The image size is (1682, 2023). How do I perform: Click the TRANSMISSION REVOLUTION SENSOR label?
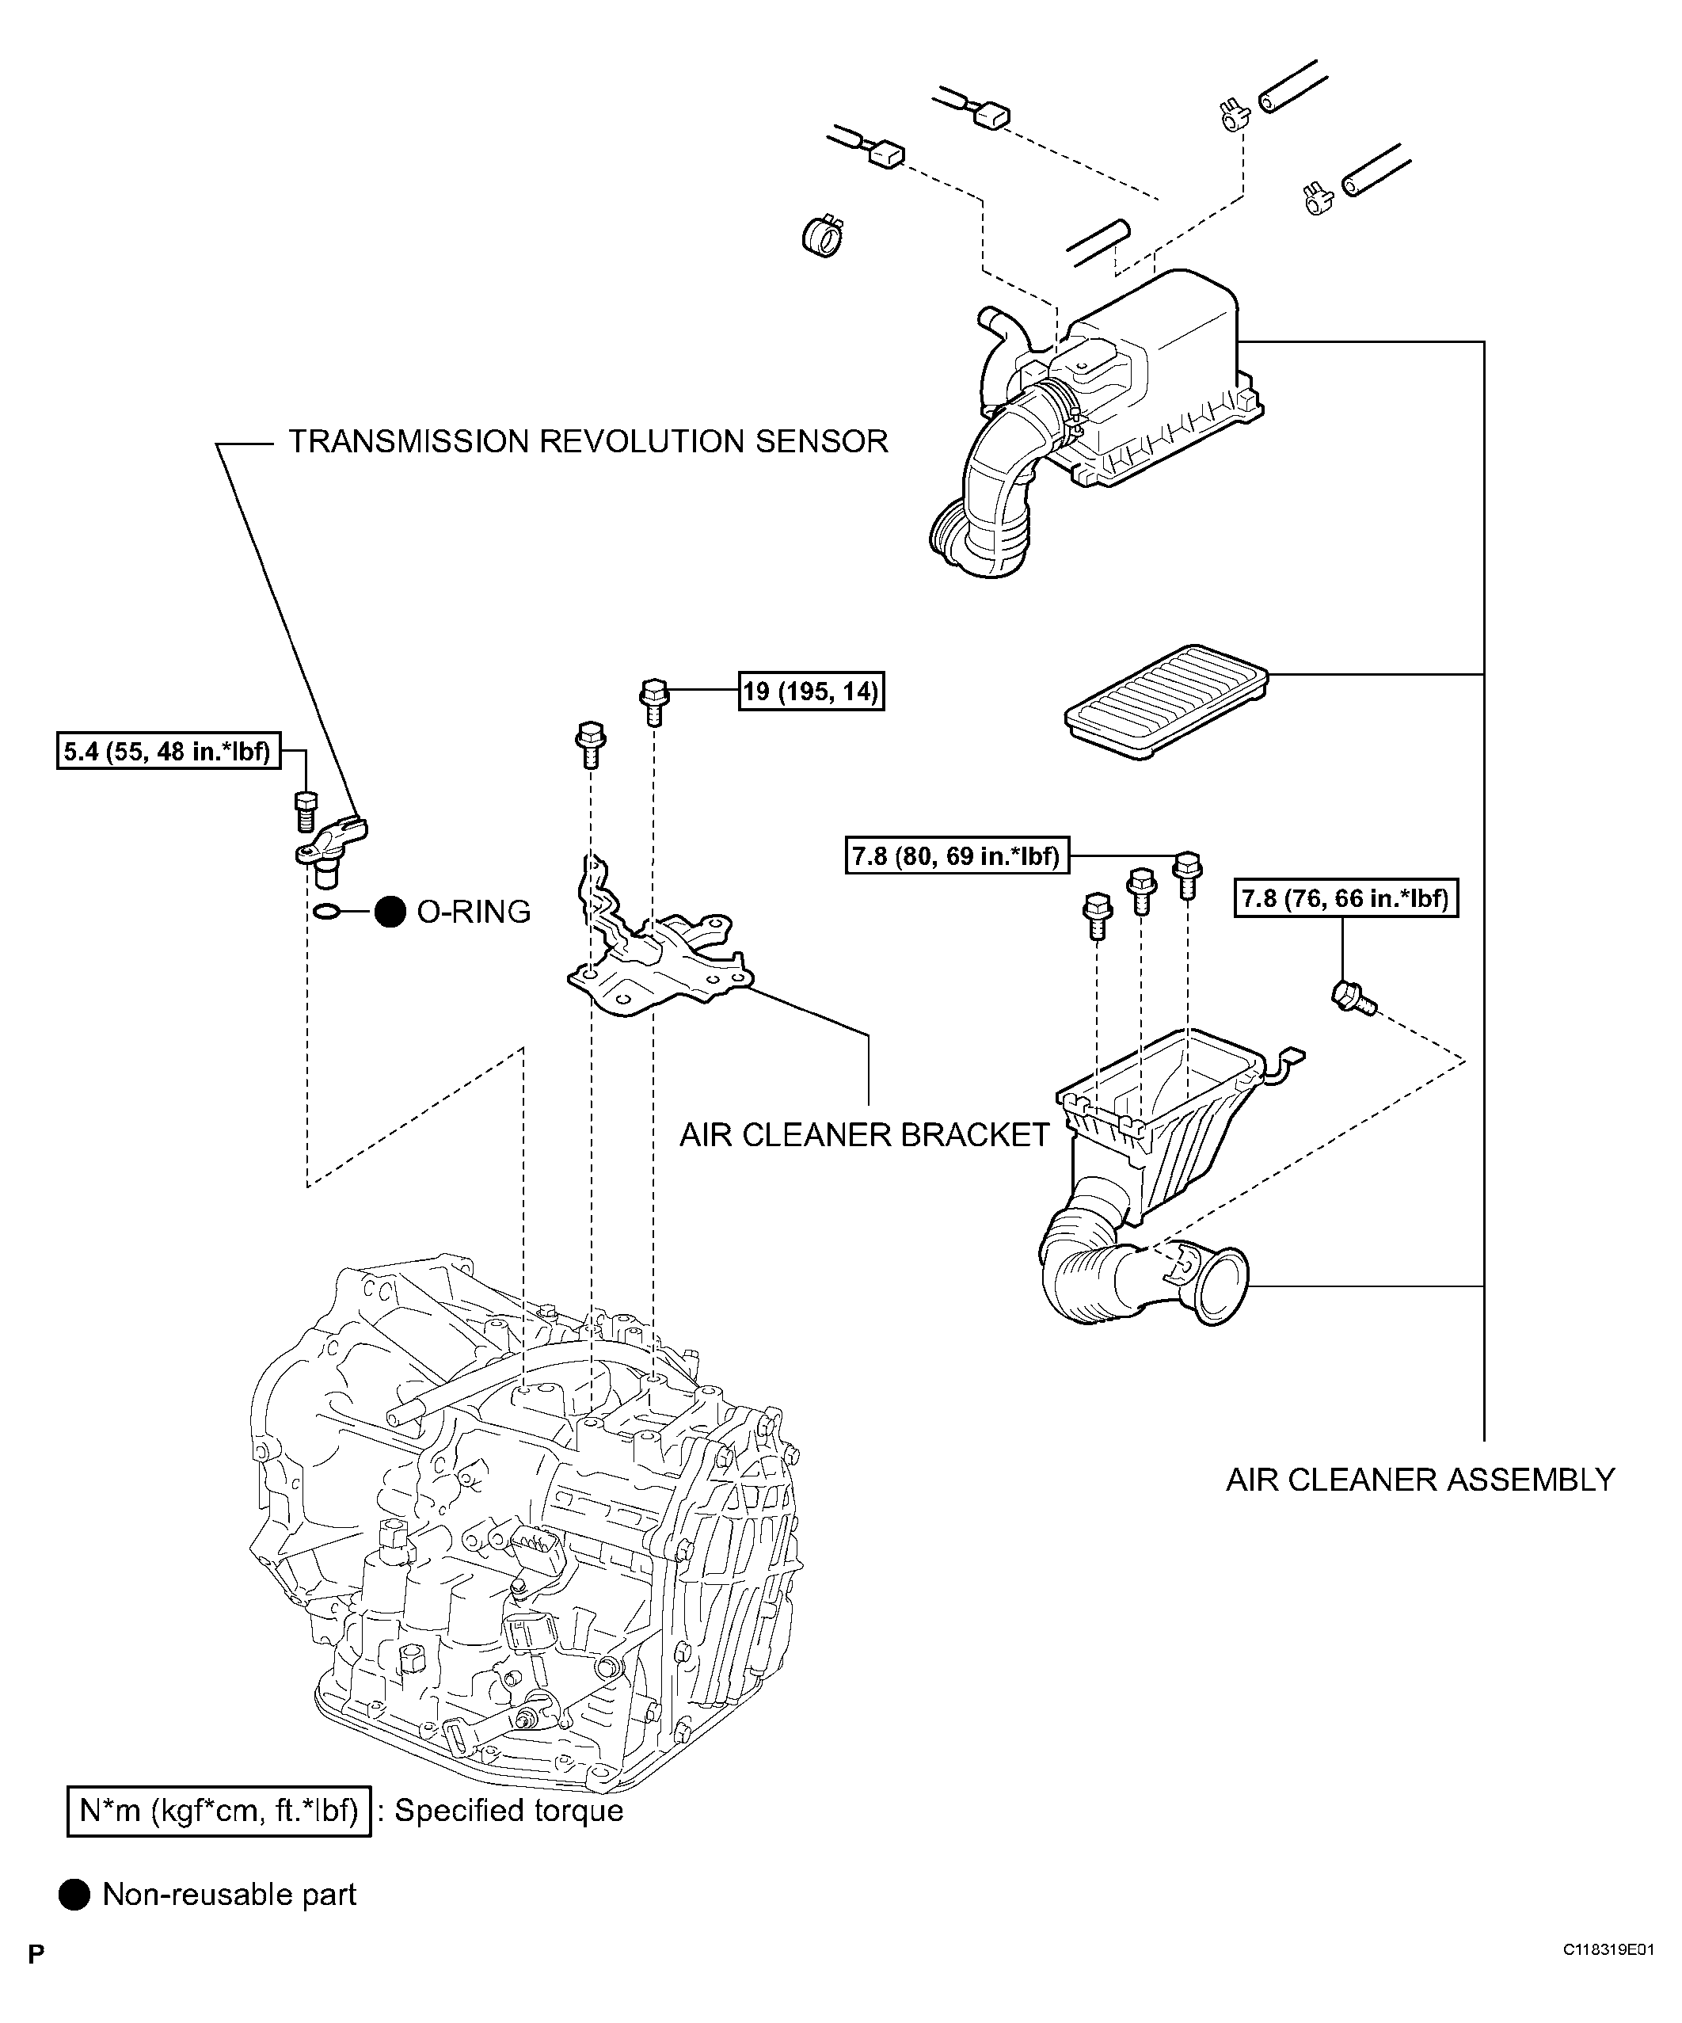(588, 441)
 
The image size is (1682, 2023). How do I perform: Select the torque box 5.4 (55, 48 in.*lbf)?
(169, 752)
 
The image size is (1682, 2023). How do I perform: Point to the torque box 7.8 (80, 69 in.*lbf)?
(957, 855)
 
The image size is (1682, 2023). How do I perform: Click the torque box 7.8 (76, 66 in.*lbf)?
(1345, 899)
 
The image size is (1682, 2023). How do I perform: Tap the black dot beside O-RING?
(390, 912)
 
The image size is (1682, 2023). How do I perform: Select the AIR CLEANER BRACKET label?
(864, 1135)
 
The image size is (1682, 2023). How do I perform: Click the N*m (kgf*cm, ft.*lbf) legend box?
(219, 1811)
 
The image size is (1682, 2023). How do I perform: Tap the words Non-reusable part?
(230, 1895)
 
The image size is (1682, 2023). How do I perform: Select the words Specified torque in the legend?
(508, 1811)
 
